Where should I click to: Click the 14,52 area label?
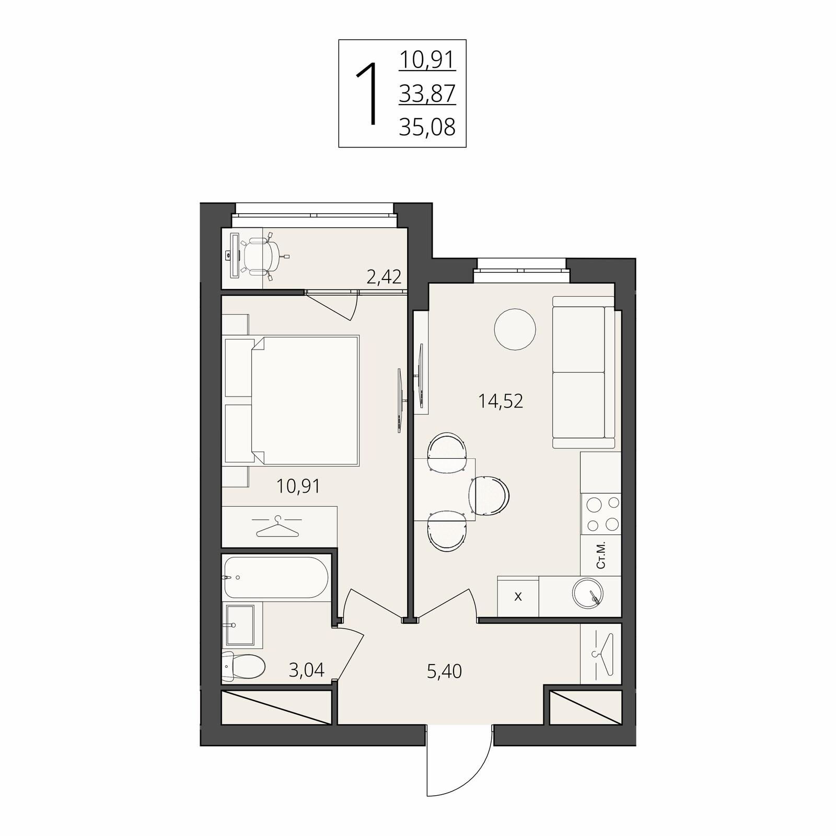coord(501,401)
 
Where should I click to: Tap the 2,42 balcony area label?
coord(384,277)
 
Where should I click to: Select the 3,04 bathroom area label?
coord(307,669)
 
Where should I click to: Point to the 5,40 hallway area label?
coord(444,671)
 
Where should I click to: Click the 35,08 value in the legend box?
coord(427,127)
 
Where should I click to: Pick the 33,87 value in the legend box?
coord(427,94)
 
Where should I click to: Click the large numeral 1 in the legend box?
coord(368,94)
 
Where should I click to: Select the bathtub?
coord(276,577)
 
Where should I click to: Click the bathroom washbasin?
coord(240,624)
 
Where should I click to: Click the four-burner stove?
coord(601,514)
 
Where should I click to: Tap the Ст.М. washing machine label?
coord(601,555)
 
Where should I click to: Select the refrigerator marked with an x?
coord(518,596)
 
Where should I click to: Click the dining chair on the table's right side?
coord(489,495)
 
